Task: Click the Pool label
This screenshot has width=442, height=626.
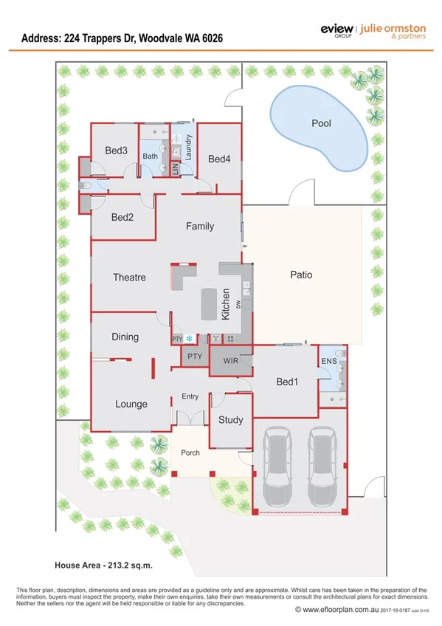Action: pyautogui.click(x=321, y=123)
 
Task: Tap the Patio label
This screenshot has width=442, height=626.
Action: pyautogui.click(x=301, y=275)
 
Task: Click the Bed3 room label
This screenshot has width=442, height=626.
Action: pyautogui.click(x=116, y=151)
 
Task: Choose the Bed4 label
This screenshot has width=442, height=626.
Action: pyautogui.click(x=219, y=159)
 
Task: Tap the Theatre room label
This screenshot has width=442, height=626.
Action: pyautogui.click(x=129, y=278)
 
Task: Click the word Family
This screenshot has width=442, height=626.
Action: pyautogui.click(x=199, y=226)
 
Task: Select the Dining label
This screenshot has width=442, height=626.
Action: pyautogui.click(x=125, y=337)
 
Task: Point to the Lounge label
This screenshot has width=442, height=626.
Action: pyautogui.click(x=131, y=404)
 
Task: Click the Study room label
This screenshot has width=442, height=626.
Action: pyautogui.click(x=230, y=420)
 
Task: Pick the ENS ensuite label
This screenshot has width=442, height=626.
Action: pyautogui.click(x=328, y=361)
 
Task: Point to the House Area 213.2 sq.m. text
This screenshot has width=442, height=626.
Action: pyautogui.click(x=103, y=565)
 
